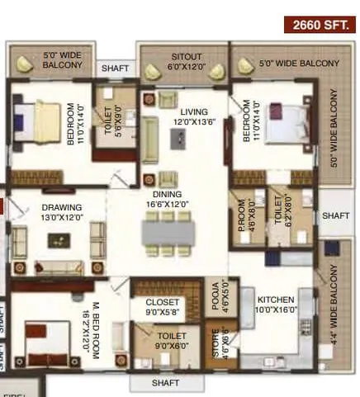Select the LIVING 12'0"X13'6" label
(195, 117)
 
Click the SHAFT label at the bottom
(168, 383)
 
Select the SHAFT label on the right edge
(336, 216)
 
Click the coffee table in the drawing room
(58, 240)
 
